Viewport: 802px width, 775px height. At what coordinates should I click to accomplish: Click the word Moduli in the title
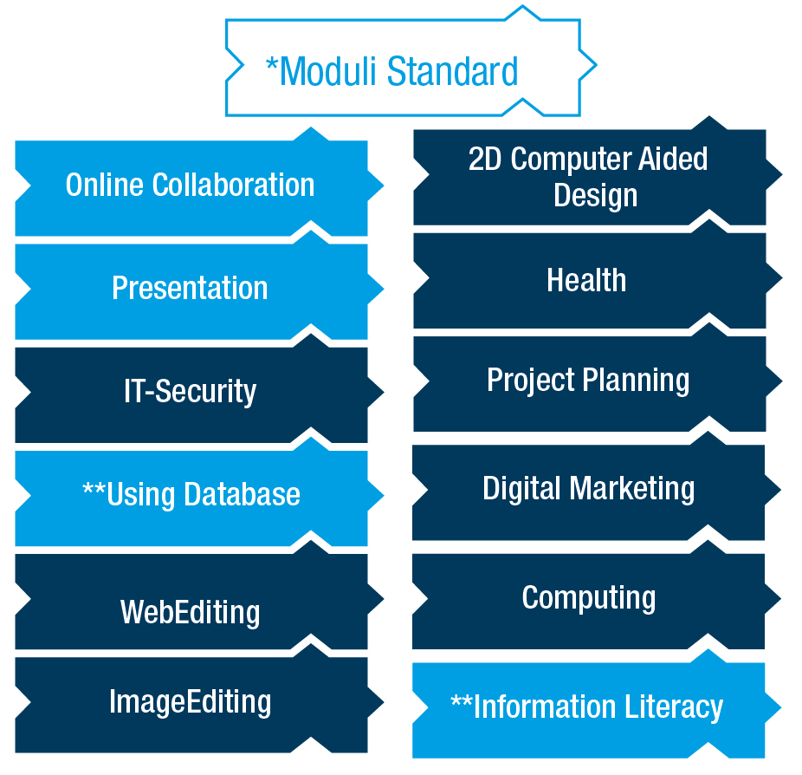328,71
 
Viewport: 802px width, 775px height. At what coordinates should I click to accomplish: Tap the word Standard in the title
452,71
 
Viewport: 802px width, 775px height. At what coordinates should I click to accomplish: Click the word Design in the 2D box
596,197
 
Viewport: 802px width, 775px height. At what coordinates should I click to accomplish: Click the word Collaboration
233,185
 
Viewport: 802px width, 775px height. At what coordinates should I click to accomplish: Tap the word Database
242,494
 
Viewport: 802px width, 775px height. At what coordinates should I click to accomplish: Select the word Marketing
632,488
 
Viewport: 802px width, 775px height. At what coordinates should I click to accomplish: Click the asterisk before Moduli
272,64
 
